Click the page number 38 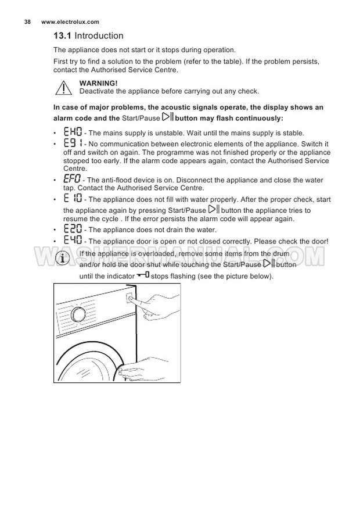point(27,22)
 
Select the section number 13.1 point(63,36)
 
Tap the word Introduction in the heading point(99,36)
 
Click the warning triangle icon point(64,88)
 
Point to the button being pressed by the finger point(132,302)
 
